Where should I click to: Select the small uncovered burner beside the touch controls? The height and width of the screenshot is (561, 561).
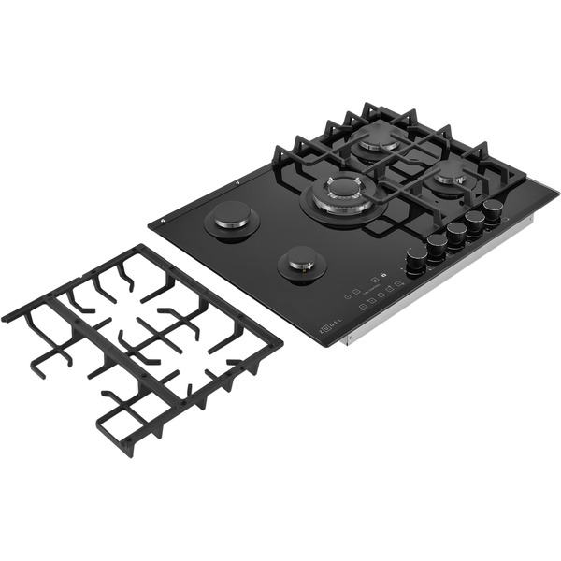[x=301, y=265]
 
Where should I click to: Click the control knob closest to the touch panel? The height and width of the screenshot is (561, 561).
[x=415, y=264]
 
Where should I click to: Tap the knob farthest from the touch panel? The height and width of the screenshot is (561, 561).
[x=493, y=209]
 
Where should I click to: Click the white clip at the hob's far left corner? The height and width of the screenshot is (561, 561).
[x=163, y=221]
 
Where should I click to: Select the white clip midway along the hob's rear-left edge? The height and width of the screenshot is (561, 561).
[x=239, y=182]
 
